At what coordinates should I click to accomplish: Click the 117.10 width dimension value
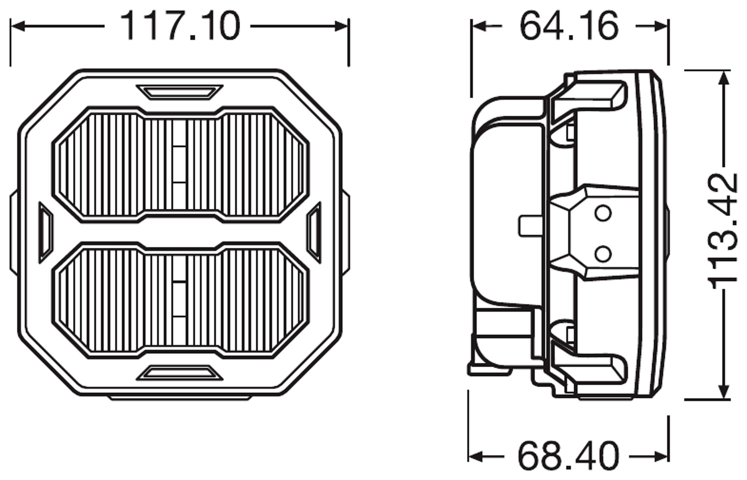click(180, 26)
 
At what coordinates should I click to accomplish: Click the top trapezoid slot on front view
click(180, 92)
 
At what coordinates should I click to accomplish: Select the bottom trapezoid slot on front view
click(180, 373)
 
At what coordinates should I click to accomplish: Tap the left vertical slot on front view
click(46, 233)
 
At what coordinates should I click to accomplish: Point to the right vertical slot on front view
click(314, 233)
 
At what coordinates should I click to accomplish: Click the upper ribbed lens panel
click(180, 165)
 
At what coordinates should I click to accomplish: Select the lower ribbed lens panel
click(180, 300)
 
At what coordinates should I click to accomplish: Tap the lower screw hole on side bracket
click(603, 254)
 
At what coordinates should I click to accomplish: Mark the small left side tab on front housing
click(14, 232)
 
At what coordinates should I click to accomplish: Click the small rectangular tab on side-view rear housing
click(530, 226)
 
